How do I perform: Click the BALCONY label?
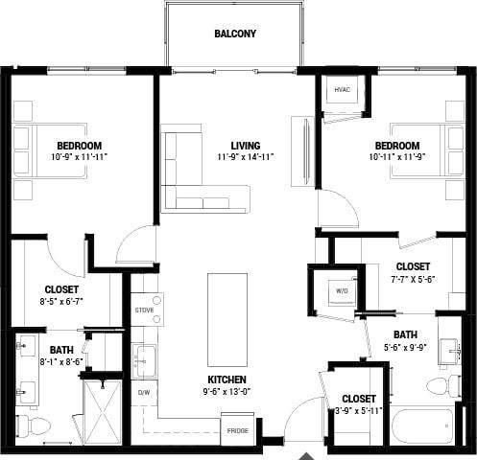pos(235,34)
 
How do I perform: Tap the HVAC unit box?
pos(342,91)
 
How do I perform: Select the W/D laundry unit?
pos(341,288)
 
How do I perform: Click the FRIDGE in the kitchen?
pos(237,430)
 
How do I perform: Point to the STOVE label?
pos(144,310)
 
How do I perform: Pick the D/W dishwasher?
pos(144,393)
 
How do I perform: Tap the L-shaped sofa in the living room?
pos(192,177)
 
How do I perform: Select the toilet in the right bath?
pos(443,386)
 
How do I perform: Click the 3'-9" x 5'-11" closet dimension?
pos(358,412)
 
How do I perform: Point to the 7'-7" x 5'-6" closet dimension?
pos(413,280)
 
